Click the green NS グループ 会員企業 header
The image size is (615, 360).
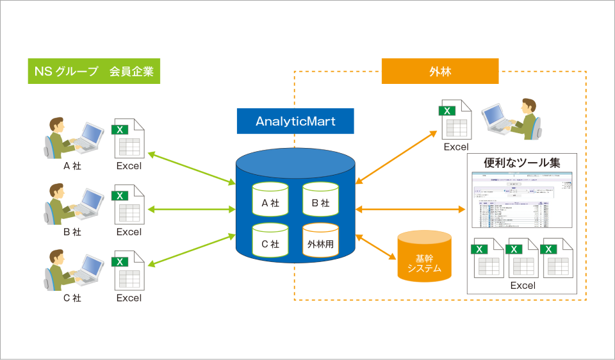click(94, 71)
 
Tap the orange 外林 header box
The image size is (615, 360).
click(439, 71)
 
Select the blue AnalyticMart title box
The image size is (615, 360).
click(295, 121)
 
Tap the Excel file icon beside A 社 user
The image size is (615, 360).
click(129, 138)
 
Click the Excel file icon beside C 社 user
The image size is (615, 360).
click(129, 270)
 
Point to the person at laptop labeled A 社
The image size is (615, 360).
click(72, 138)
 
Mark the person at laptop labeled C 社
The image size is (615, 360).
click(72, 270)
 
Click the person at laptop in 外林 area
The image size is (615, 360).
click(512, 119)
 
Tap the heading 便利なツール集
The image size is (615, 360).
click(523, 163)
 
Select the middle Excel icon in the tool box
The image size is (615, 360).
click(523, 258)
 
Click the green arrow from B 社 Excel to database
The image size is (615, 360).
click(192, 209)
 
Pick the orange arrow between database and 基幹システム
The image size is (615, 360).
click(376, 247)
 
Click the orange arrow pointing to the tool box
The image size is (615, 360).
click(410, 209)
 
